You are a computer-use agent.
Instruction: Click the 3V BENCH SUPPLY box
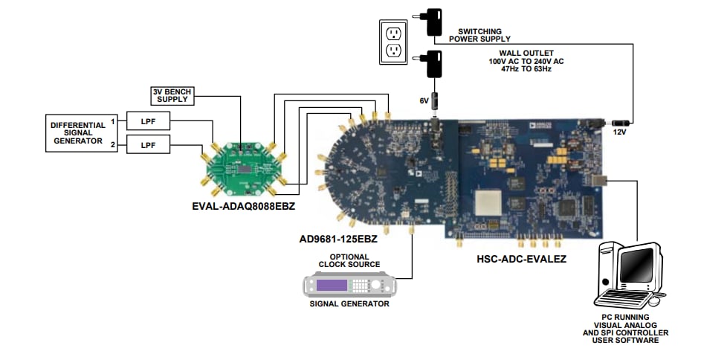[x=172, y=95]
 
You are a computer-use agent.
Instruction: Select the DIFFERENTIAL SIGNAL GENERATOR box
[x=78, y=133]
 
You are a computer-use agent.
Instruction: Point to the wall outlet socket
[x=393, y=42]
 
